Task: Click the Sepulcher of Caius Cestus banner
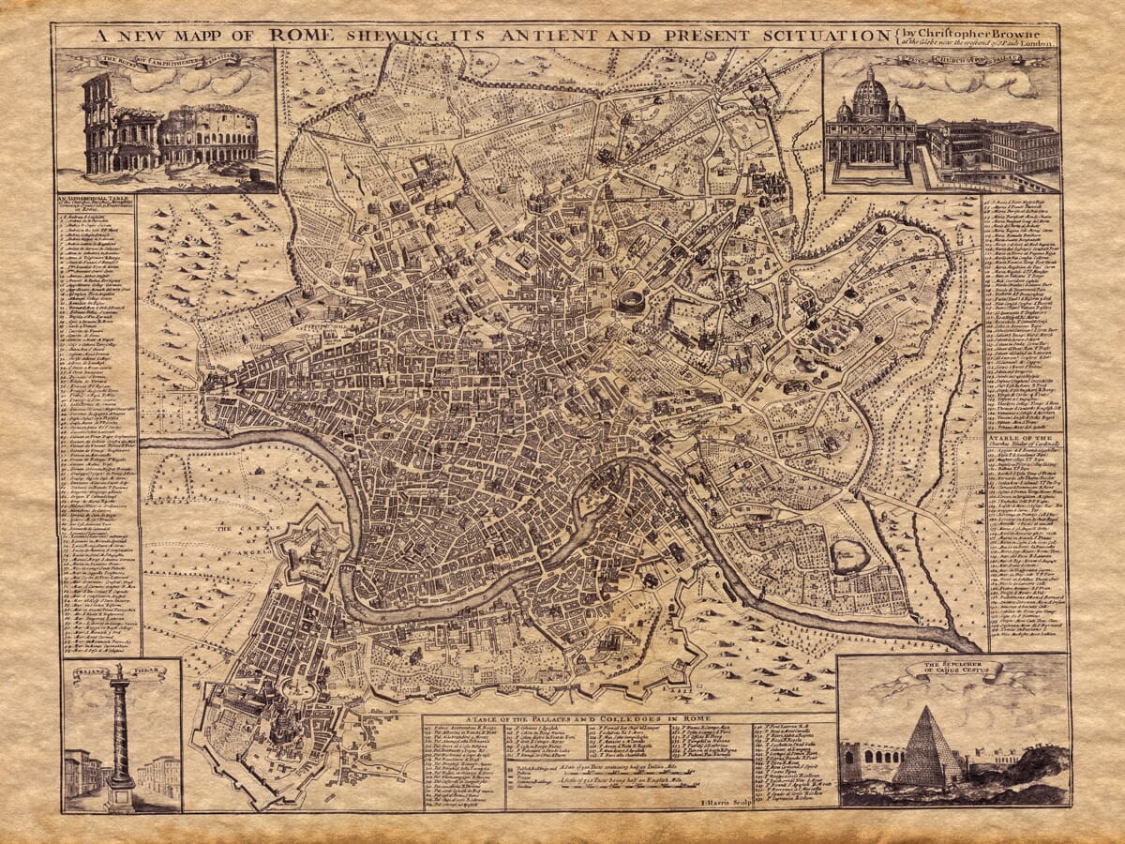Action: [x=953, y=669]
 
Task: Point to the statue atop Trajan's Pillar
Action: [x=120, y=671]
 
